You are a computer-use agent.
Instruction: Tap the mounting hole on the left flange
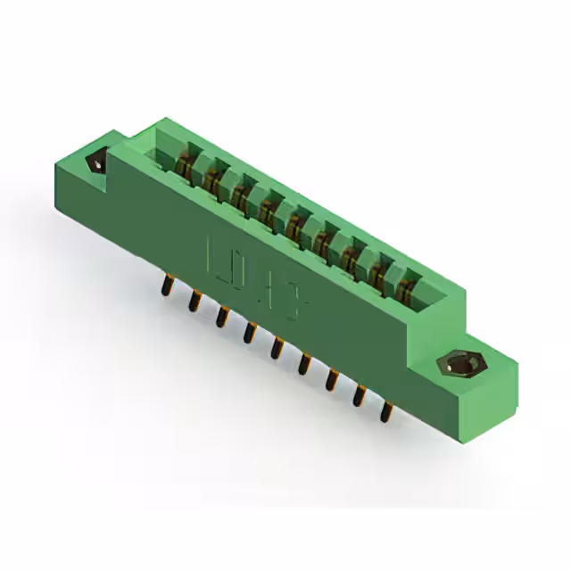94,163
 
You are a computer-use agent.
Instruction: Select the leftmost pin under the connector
167,286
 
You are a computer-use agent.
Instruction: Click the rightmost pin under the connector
387,412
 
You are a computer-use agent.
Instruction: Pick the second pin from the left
194,302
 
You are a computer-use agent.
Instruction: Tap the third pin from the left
221,317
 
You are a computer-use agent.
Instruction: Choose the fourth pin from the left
249,332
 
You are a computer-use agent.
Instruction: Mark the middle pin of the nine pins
277,347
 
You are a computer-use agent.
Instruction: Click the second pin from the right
360,396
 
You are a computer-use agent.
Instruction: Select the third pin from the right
332,380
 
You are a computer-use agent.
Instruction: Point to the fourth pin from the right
304,364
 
